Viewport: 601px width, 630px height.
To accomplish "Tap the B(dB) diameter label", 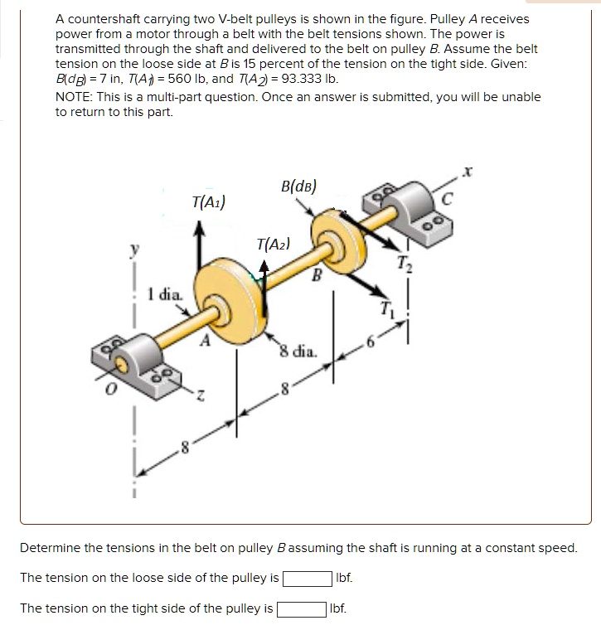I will pos(298,186).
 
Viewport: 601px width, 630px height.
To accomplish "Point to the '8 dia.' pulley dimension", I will pos(298,350).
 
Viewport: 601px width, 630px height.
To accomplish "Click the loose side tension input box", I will pos(306,577).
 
